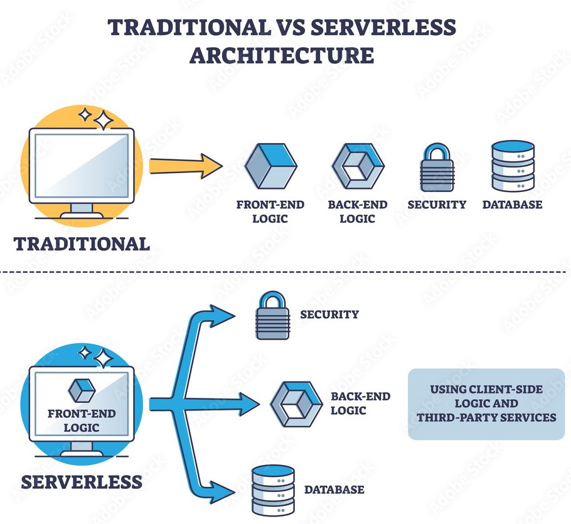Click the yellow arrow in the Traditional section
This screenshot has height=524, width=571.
click(x=186, y=166)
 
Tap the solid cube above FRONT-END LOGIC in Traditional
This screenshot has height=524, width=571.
click(x=270, y=166)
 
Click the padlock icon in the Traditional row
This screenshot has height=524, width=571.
click(x=437, y=168)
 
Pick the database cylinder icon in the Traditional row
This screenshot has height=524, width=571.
click(x=513, y=166)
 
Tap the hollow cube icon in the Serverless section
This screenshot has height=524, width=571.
click(x=296, y=404)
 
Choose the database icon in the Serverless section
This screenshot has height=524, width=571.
click(x=272, y=489)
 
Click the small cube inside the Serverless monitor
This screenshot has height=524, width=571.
click(x=82, y=391)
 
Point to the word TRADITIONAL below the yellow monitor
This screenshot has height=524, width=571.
click(x=82, y=243)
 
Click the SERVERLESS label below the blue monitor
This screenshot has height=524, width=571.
click(x=82, y=482)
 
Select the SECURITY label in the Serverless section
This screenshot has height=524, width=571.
click(x=329, y=314)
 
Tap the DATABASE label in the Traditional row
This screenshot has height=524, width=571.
click(x=512, y=205)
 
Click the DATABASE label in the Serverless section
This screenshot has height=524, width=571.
click(x=334, y=489)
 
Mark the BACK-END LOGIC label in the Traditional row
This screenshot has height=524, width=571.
click(x=357, y=211)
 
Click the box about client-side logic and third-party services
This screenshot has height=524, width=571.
click(x=486, y=403)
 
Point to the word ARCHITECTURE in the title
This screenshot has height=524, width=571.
click(x=282, y=55)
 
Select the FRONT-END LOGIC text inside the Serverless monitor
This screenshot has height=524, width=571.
click(x=82, y=421)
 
